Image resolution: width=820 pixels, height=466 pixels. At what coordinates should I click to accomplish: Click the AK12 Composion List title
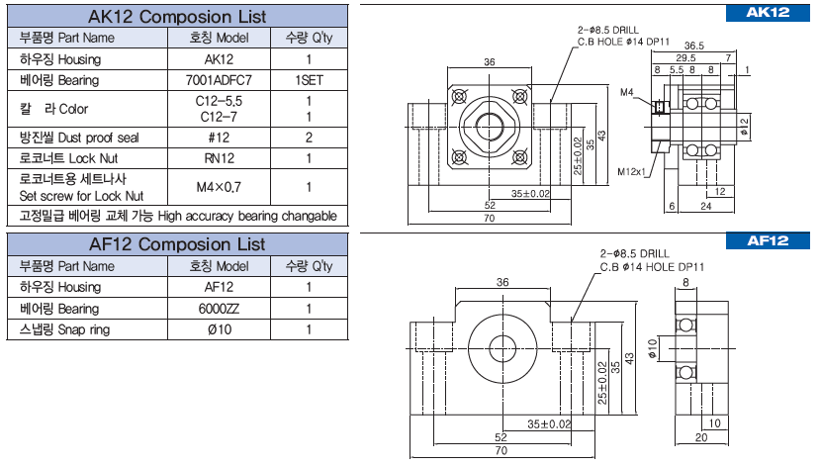pyautogui.click(x=177, y=16)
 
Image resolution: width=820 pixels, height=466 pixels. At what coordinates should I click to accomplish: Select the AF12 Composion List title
pyautogui.click(x=177, y=243)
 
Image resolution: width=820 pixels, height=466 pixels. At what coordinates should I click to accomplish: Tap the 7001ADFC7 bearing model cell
pyautogui.click(x=219, y=80)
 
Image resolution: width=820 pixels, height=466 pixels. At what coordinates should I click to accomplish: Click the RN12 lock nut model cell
pyautogui.click(x=219, y=158)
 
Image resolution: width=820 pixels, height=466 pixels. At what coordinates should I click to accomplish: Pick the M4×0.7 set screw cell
pyautogui.click(x=219, y=186)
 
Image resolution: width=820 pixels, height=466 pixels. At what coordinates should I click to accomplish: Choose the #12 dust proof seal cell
pyautogui.click(x=219, y=138)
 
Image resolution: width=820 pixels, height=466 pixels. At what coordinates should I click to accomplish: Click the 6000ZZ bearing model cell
pyautogui.click(x=219, y=309)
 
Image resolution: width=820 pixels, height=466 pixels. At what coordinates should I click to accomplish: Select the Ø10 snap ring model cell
pyautogui.click(x=219, y=329)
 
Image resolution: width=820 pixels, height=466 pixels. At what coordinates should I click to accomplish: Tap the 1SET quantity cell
pyautogui.click(x=310, y=80)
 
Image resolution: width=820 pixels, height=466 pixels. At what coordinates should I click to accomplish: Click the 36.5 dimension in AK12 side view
pyautogui.click(x=693, y=46)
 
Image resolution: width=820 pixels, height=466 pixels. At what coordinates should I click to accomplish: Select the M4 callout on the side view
pyautogui.click(x=626, y=92)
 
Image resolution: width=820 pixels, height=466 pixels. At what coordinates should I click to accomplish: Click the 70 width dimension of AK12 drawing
pyautogui.click(x=490, y=217)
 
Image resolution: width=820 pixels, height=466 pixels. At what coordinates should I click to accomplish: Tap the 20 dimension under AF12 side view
pyautogui.click(x=701, y=436)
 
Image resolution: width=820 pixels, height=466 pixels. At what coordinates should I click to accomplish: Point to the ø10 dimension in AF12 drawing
pyautogui.click(x=653, y=348)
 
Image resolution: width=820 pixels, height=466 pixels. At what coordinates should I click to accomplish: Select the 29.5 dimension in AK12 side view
pyautogui.click(x=685, y=58)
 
